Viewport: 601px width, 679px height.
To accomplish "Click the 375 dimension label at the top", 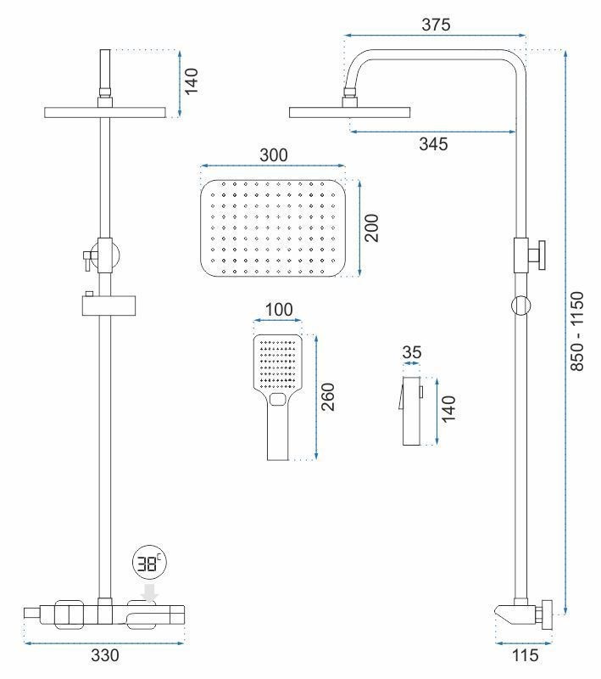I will point(437,25).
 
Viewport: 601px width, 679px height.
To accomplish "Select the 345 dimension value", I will point(433,144).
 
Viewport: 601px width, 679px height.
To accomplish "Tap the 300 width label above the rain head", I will point(273,154).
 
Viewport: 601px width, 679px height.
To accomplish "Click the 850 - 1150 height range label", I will point(579,332).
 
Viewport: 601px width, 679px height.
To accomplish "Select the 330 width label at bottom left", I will point(105,656).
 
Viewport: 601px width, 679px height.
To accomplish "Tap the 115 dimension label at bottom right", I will point(523,656).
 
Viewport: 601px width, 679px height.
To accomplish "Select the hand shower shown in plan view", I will point(278,395).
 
